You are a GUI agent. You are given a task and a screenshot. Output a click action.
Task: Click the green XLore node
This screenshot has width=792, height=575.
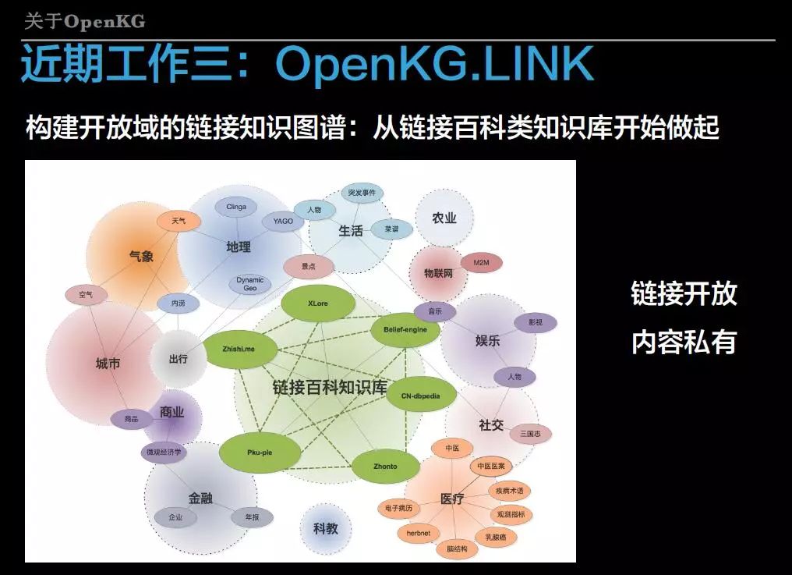click(x=317, y=303)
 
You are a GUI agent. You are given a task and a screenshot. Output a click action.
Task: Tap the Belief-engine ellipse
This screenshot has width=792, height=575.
click(x=405, y=330)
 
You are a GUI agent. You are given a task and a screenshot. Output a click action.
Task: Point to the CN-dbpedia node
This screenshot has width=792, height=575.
click(x=421, y=396)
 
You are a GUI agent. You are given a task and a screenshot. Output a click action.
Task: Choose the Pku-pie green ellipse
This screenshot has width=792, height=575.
click(x=259, y=451)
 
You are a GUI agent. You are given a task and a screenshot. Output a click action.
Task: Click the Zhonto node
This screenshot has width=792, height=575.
click(x=385, y=467)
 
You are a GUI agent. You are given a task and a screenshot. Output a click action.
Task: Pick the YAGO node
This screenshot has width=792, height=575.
click(x=283, y=222)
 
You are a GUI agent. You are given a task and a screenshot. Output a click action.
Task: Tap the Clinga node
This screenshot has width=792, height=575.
click(x=236, y=207)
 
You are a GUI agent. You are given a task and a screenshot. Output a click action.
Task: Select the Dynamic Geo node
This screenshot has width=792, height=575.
click(x=250, y=284)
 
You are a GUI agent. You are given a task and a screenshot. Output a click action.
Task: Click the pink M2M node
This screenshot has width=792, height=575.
click(x=481, y=263)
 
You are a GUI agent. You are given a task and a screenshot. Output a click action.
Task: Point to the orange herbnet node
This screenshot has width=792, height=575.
click(x=419, y=534)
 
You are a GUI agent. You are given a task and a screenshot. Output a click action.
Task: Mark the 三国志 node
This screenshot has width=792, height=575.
click(x=536, y=434)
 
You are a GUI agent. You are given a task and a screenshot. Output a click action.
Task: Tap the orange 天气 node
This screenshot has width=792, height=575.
click(x=179, y=221)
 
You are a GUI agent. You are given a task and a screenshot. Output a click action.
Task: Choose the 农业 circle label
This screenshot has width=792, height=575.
click(x=444, y=218)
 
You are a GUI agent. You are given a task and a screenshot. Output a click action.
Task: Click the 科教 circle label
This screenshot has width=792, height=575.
click(x=326, y=528)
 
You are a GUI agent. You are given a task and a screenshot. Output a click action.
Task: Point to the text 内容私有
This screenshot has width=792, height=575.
click(x=684, y=343)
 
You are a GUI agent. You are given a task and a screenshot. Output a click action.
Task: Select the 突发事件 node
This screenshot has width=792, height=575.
click(x=362, y=193)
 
